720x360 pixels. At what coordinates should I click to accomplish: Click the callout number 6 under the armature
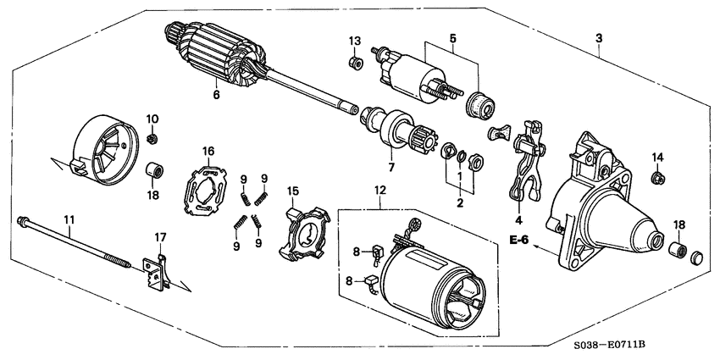tap(215, 95)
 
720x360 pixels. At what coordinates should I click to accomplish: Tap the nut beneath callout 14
tap(657, 178)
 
